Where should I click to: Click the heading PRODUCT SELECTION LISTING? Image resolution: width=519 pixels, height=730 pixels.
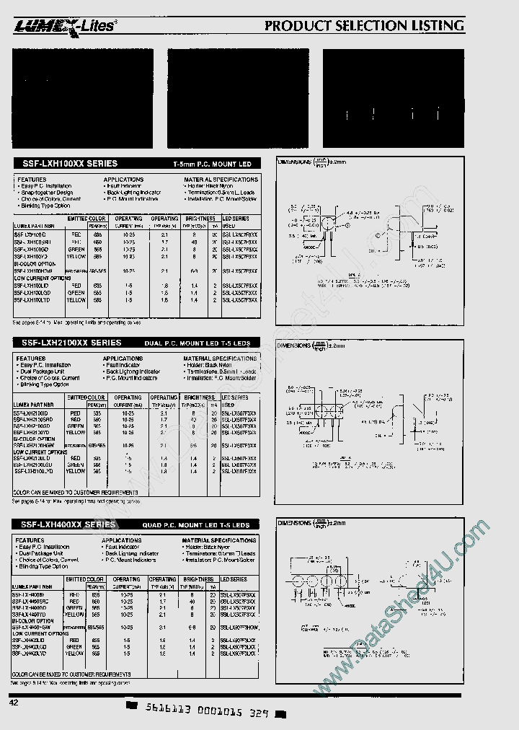click(x=364, y=26)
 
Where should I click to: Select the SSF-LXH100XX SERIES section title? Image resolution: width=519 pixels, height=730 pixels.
click(x=66, y=164)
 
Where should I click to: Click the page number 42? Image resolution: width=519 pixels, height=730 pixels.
click(x=14, y=702)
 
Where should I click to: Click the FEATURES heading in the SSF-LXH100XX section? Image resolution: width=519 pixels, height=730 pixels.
click(x=32, y=180)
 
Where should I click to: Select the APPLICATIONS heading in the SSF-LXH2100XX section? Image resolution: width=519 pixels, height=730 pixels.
click(x=123, y=359)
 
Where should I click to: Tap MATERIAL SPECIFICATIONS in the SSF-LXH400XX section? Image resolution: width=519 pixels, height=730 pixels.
click(x=220, y=540)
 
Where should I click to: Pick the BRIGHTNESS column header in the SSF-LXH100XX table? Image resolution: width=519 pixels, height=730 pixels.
click(x=199, y=218)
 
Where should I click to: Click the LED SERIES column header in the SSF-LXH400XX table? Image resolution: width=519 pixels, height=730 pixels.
click(x=234, y=579)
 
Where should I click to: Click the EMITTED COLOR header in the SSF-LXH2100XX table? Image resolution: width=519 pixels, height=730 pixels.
click(x=86, y=397)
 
